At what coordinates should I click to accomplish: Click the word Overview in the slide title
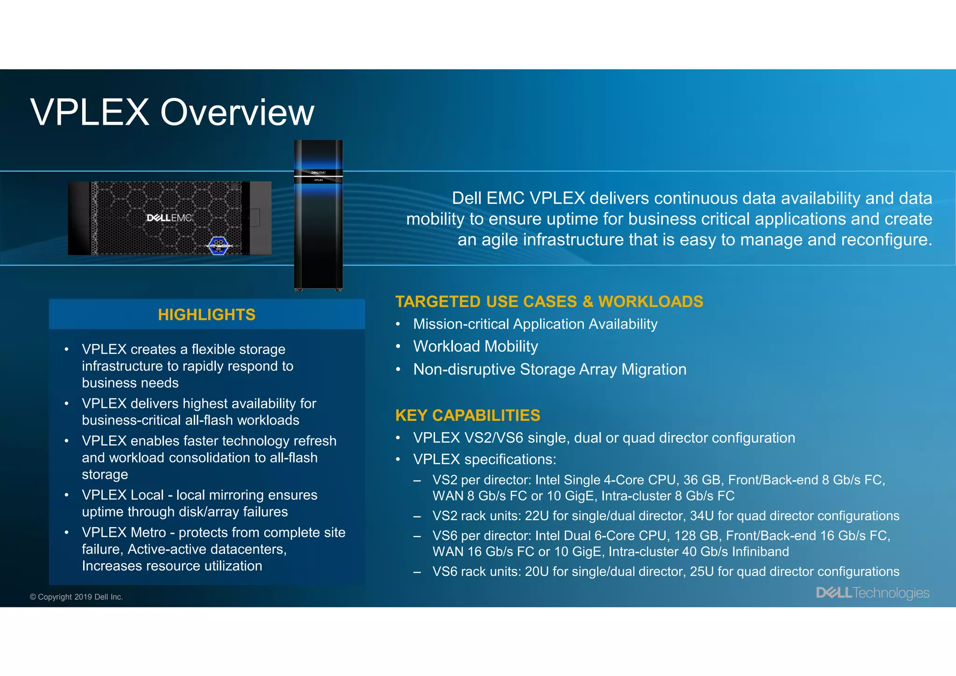[237, 113]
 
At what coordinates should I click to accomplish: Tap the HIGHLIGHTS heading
[206, 315]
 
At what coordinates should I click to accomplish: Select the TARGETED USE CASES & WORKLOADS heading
[549, 302]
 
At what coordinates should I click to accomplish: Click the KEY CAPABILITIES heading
[467, 415]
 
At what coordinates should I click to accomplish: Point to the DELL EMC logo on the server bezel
[169, 218]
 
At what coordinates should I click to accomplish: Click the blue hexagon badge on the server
[218, 246]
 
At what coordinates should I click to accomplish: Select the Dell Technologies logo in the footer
[872, 593]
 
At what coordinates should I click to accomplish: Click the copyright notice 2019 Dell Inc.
[76, 597]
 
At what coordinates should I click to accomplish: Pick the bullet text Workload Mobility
[475, 346]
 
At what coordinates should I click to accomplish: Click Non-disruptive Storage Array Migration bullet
[549, 369]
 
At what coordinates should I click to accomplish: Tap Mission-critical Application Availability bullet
[535, 324]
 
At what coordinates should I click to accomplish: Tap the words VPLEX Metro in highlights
[124, 532]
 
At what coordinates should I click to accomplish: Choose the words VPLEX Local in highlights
[123, 495]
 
